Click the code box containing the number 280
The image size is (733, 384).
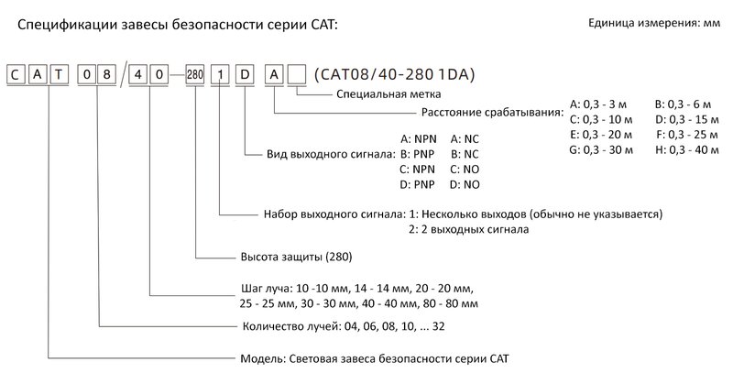click(194, 74)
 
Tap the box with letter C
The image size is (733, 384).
click(16, 74)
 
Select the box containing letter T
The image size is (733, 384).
click(59, 74)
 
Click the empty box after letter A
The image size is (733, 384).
click(297, 74)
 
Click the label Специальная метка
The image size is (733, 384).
click(389, 93)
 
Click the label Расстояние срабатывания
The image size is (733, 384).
click(492, 112)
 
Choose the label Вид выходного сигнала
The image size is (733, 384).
click(328, 154)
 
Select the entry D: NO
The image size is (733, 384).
click(465, 185)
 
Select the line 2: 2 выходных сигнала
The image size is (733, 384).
click(466, 229)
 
